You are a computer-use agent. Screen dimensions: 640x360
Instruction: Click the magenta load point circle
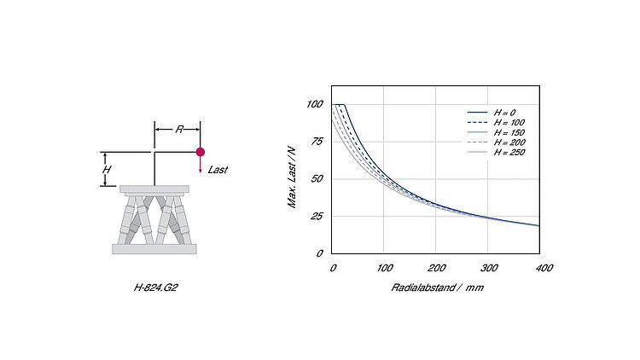point(200,152)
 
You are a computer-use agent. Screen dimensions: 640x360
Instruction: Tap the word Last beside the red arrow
point(218,170)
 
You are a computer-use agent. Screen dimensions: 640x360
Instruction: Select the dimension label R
point(179,130)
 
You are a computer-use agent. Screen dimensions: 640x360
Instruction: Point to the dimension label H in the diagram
point(107,170)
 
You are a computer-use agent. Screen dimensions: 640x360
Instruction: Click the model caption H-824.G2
point(155,287)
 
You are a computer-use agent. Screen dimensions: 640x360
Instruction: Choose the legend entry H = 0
point(504,113)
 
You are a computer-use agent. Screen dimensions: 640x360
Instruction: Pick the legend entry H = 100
point(509,123)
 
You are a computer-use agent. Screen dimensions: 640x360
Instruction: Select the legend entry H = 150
point(509,132)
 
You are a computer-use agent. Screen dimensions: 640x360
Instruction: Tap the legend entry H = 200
point(509,142)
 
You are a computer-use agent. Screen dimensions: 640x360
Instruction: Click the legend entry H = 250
point(509,152)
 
